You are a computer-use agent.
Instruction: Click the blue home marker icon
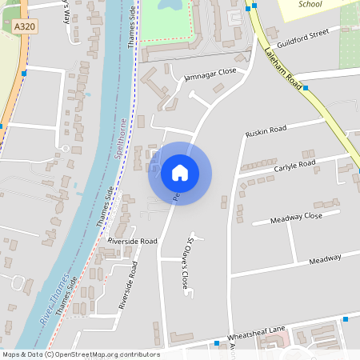pyautogui.click(x=180, y=173)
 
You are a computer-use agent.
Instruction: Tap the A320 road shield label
pyautogui.click(x=25, y=26)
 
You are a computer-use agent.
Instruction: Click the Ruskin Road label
pyautogui.click(x=266, y=130)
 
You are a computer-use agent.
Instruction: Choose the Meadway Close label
pyautogui.click(x=296, y=217)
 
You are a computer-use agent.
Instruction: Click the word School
pyautogui.click(x=310, y=4)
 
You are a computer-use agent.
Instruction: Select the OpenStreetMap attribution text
pyautogui.click(x=80, y=354)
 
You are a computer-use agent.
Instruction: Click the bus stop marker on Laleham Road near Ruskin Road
pyautogui.click(x=306, y=88)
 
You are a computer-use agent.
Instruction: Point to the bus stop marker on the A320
pyautogui.click(x=24, y=74)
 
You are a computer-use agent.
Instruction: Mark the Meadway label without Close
pyautogui.click(x=325, y=259)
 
